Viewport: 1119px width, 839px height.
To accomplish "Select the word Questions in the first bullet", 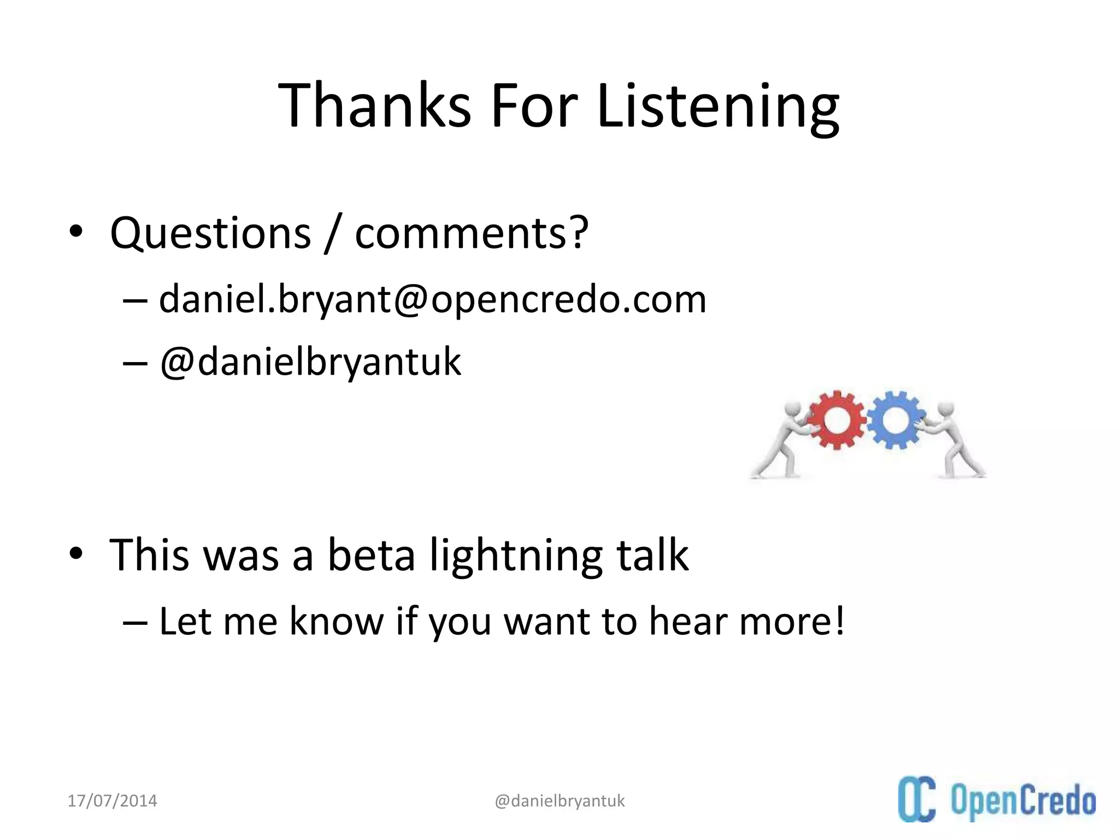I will [210, 233].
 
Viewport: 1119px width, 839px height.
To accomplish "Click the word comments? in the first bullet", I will [472, 233].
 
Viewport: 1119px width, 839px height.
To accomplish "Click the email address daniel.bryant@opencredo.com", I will [432, 299].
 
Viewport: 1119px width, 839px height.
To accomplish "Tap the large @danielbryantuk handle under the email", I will [310, 362].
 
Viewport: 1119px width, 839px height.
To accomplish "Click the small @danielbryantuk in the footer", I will [559, 801].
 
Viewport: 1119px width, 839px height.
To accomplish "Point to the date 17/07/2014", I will [112, 801].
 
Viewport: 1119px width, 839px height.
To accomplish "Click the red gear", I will [837, 420].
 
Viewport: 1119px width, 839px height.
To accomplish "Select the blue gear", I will [894, 419].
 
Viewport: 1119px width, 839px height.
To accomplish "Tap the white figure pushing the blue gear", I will [953, 440].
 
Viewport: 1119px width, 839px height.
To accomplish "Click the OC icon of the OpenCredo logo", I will [916, 800].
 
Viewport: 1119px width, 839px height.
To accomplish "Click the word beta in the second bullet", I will [371, 555].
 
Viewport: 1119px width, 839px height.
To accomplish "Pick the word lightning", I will [516, 555].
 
